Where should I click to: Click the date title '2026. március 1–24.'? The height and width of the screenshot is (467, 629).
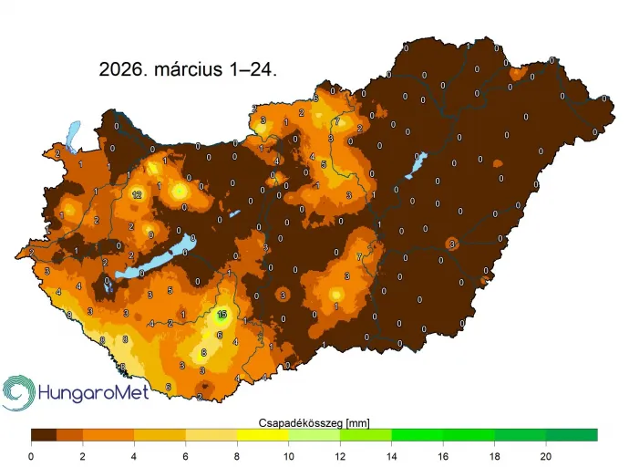point(188,68)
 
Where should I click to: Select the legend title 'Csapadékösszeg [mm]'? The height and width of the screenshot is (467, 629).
point(314,421)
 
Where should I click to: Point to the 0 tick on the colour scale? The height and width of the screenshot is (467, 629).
point(31,455)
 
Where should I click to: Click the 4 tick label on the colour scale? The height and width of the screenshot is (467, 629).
point(134,455)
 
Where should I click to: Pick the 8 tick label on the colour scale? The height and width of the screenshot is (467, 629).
point(237,455)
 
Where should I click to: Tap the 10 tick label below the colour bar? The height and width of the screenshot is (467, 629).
point(288,455)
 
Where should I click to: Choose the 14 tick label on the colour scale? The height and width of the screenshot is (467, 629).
point(391,455)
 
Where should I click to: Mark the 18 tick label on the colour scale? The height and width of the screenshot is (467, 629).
point(494,455)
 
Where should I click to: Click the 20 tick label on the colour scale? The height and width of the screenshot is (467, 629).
point(546,455)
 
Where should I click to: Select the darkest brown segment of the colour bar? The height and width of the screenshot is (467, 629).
point(44,435)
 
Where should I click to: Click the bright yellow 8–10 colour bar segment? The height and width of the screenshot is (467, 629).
point(263,435)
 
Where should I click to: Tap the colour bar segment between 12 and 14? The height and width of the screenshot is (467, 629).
point(366,435)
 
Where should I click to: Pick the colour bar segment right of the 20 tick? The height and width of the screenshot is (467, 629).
point(572,435)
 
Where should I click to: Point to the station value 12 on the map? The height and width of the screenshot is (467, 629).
point(137,194)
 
